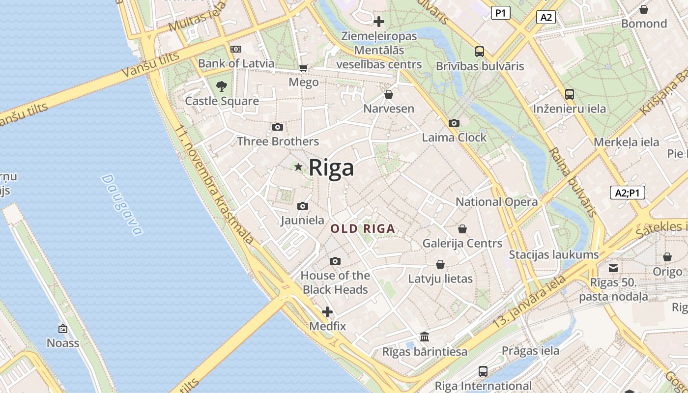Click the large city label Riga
tap(331, 168)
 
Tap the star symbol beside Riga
tap(298, 167)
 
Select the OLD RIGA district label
tap(363, 229)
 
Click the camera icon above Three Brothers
tap(278, 127)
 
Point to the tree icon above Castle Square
tap(222, 86)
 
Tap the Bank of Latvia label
tap(236, 63)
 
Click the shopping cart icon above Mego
tap(304, 68)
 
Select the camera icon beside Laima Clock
tap(454, 123)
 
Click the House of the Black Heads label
tap(335, 282)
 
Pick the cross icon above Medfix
tap(327, 312)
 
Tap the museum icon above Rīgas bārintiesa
tap(425, 337)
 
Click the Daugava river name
tap(121, 204)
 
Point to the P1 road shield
tap(500, 13)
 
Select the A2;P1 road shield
tap(628, 193)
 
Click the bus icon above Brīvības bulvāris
tap(480, 52)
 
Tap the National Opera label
tap(496, 202)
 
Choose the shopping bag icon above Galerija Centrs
tap(462, 229)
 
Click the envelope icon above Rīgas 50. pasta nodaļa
tap(613, 268)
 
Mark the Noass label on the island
tap(63, 343)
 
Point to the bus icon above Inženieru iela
tap(570, 94)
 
